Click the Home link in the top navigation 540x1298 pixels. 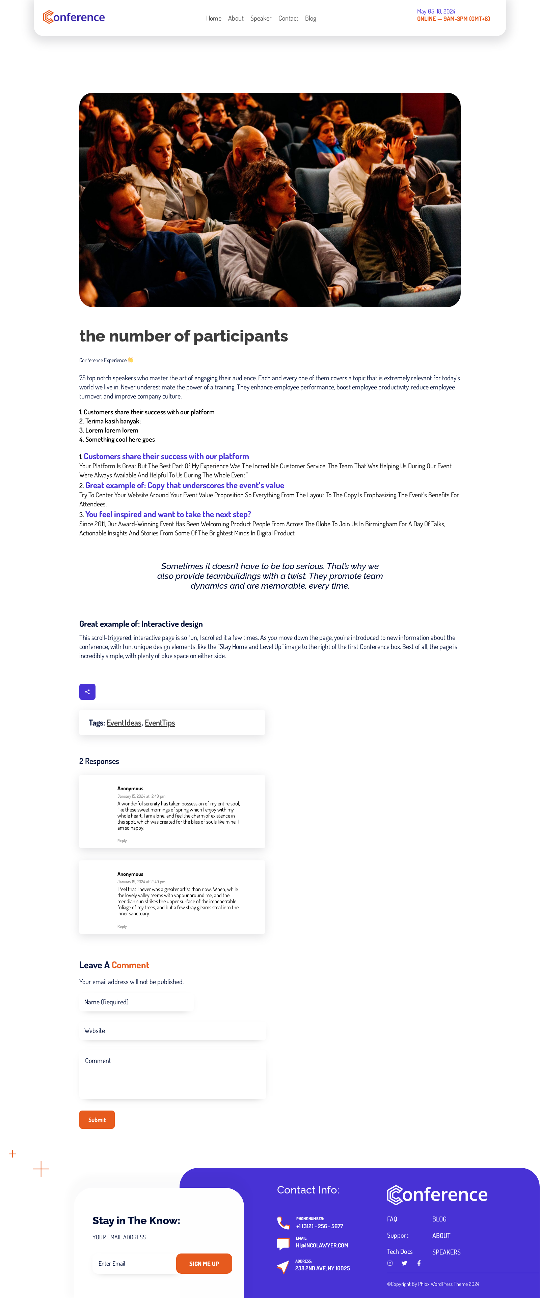tap(213, 19)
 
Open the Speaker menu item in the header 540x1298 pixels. tap(261, 19)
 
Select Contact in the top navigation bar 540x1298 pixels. tap(288, 19)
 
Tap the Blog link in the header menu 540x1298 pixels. tap(310, 19)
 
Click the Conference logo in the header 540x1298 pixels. tap(74, 17)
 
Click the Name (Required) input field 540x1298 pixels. tap(136, 1002)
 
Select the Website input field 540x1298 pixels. tap(172, 1030)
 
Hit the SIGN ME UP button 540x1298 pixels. tap(204, 1263)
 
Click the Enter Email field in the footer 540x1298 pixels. tap(134, 1263)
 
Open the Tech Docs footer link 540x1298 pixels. tap(399, 1251)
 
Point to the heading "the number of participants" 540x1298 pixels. tap(184, 336)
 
